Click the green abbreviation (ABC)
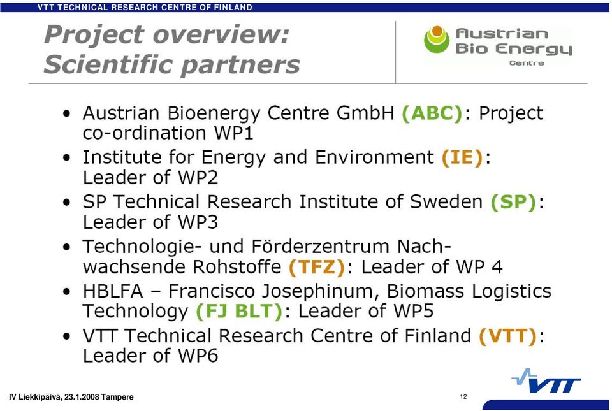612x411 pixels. pyautogui.click(x=432, y=113)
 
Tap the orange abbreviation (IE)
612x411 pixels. pyautogui.click(x=463, y=158)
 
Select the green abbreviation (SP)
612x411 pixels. pyautogui.click(x=513, y=203)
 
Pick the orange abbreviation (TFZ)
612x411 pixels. pyautogui.click(x=317, y=267)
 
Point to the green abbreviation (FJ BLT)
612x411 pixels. pyautogui.click(x=239, y=312)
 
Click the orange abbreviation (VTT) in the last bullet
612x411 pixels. pyautogui.click(x=508, y=336)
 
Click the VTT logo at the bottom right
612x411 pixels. pyautogui.click(x=546, y=381)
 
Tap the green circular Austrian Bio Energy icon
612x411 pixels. pyautogui.click(x=437, y=40)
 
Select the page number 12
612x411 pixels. pyautogui.click(x=463, y=396)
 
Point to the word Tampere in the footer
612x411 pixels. pyautogui.click(x=117, y=398)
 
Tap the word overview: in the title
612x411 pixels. pyautogui.click(x=221, y=34)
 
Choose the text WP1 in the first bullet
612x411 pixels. pyautogui.click(x=234, y=133)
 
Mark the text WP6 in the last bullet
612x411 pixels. pyautogui.click(x=198, y=356)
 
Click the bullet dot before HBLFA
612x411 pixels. pyautogui.click(x=67, y=292)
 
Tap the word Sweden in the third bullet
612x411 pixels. pyautogui.click(x=446, y=203)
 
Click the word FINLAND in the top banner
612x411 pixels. pyautogui.click(x=233, y=7)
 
